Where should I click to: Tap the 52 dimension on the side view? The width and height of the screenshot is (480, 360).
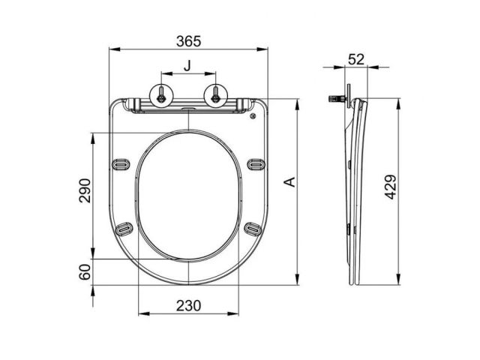pos(356,59)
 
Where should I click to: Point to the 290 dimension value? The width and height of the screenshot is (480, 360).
pos(85,190)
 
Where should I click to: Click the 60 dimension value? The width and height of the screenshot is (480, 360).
pos(85,271)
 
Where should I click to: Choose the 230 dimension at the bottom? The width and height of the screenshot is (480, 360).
pos(188,305)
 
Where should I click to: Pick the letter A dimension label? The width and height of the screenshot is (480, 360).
pos(289,181)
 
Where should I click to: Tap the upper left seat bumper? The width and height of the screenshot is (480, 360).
pos(120,163)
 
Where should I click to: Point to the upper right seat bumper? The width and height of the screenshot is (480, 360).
pos(256,163)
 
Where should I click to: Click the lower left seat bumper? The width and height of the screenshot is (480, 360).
pos(125,229)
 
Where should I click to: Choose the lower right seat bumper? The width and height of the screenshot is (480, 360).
pos(251,229)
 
